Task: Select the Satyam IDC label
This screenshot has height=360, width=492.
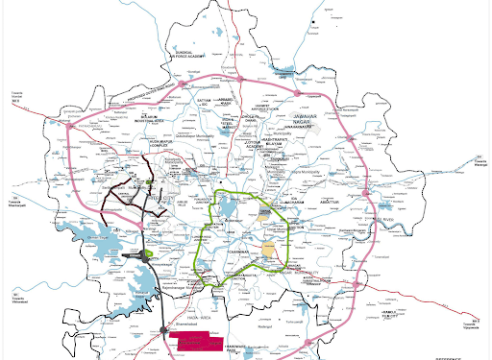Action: (x=202, y=99)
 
